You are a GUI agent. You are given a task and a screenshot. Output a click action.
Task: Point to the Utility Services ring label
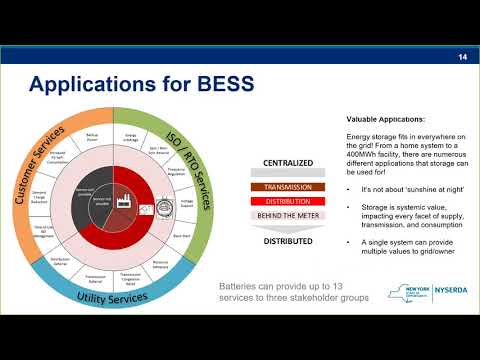point(120,298)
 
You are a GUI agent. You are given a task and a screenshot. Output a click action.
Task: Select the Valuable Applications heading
point(380,118)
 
